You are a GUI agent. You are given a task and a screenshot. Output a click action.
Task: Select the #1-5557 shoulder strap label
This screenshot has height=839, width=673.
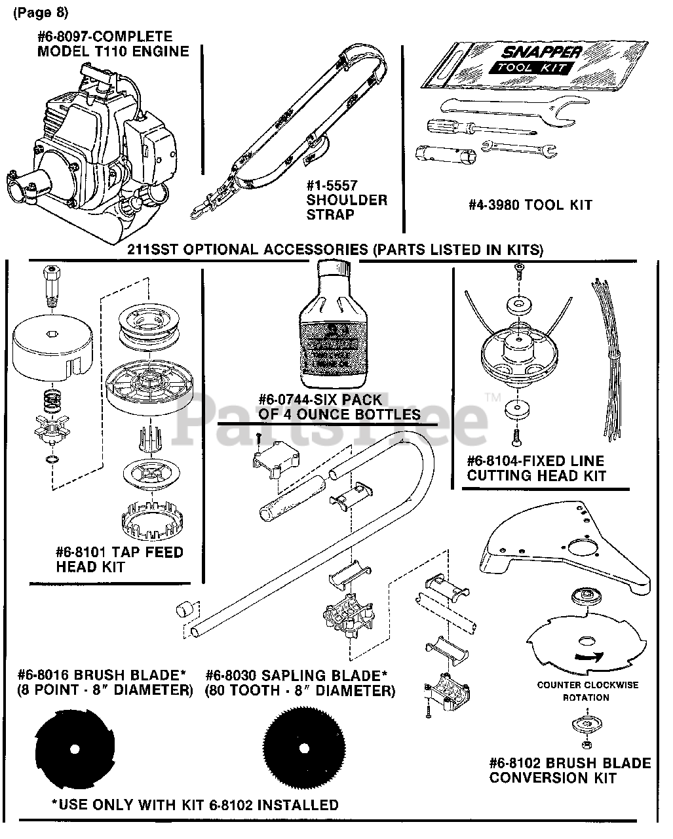pyautogui.click(x=347, y=200)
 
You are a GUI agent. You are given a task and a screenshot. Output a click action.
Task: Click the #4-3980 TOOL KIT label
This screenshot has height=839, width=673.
pyautogui.click(x=529, y=205)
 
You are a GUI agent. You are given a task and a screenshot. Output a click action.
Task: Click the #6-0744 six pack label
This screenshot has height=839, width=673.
pyautogui.click(x=339, y=407)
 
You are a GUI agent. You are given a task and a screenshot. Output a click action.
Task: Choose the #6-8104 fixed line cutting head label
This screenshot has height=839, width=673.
pyautogui.click(x=535, y=468)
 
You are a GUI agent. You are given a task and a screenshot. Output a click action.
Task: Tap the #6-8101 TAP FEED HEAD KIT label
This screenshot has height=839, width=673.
pyautogui.click(x=119, y=559)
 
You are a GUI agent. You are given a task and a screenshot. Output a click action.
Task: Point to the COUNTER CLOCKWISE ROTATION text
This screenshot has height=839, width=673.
pyautogui.click(x=587, y=692)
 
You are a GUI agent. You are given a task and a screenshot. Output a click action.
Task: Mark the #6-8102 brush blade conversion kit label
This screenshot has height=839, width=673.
pyautogui.click(x=570, y=770)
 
